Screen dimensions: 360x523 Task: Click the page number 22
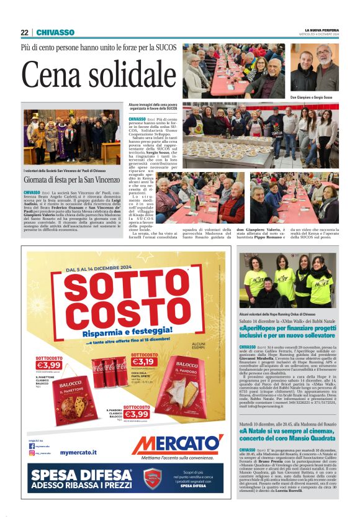click(x=24, y=32)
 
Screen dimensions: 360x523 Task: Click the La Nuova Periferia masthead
click(x=321, y=30)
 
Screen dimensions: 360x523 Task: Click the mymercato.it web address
click(x=78, y=453)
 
